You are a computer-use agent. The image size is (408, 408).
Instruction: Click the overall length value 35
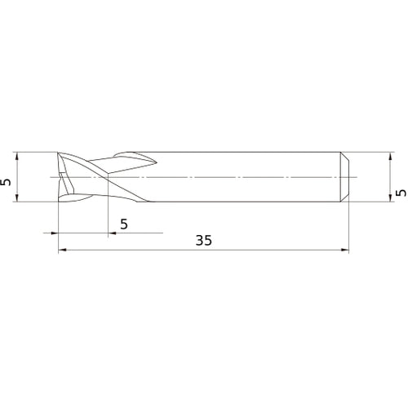(204, 241)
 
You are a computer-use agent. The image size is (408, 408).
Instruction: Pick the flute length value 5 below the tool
(123, 223)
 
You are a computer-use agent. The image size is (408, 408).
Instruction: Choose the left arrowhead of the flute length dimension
(55, 233)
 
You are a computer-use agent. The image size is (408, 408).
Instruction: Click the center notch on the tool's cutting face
(62, 176)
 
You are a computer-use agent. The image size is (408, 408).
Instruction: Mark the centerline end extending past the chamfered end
(357, 176)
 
